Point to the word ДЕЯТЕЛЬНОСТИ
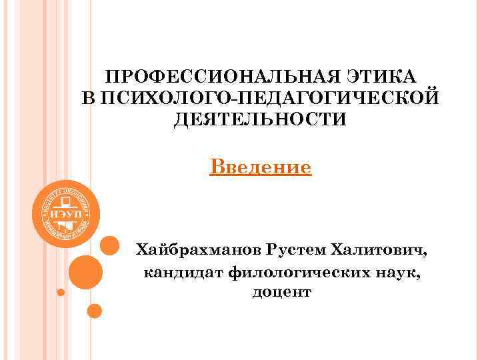[x=260, y=120]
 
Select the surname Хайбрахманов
[x=199, y=249]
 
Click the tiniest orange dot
[x=61, y=292]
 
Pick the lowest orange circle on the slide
[x=95, y=311]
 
